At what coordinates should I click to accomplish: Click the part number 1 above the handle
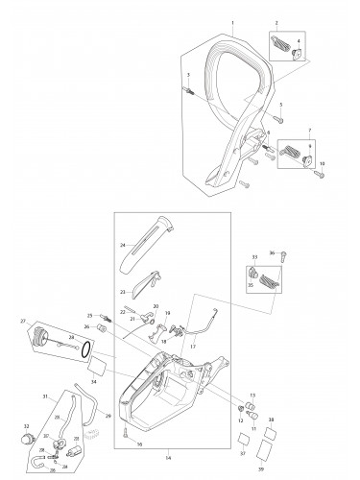pyautogui.click(x=231, y=20)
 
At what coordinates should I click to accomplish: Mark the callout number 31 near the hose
pyautogui.click(x=45, y=396)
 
